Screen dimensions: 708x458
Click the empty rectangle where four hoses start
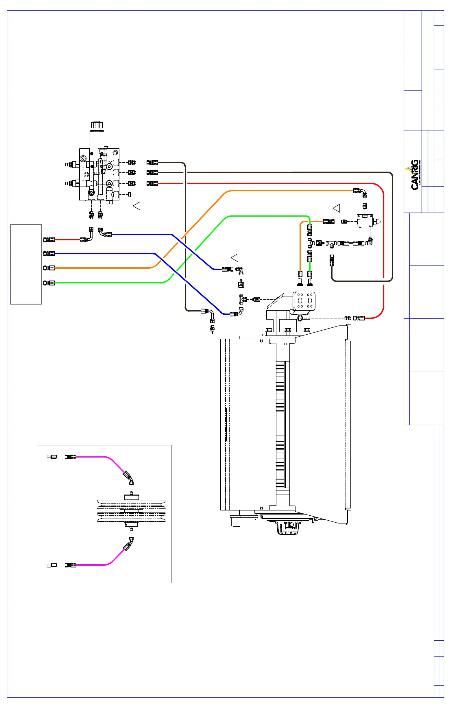[26, 264]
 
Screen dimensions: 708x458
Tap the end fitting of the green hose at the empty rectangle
[49, 283]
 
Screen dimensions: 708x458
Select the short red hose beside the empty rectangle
[67, 239]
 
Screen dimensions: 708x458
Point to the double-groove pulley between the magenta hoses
[132, 511]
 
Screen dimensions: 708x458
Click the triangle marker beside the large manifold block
[137, 206]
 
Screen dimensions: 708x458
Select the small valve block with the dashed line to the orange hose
[366, 221]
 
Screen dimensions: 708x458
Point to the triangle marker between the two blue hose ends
[235, 258]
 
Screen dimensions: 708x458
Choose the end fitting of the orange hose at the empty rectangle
[49, 268]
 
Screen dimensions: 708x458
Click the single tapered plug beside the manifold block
[129, 194]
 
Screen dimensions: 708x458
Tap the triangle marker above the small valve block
[336, 208]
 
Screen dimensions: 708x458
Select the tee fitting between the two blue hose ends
[241, 298]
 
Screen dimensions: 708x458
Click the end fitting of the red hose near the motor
[359, 318]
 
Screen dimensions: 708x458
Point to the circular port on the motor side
[300, 318]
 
